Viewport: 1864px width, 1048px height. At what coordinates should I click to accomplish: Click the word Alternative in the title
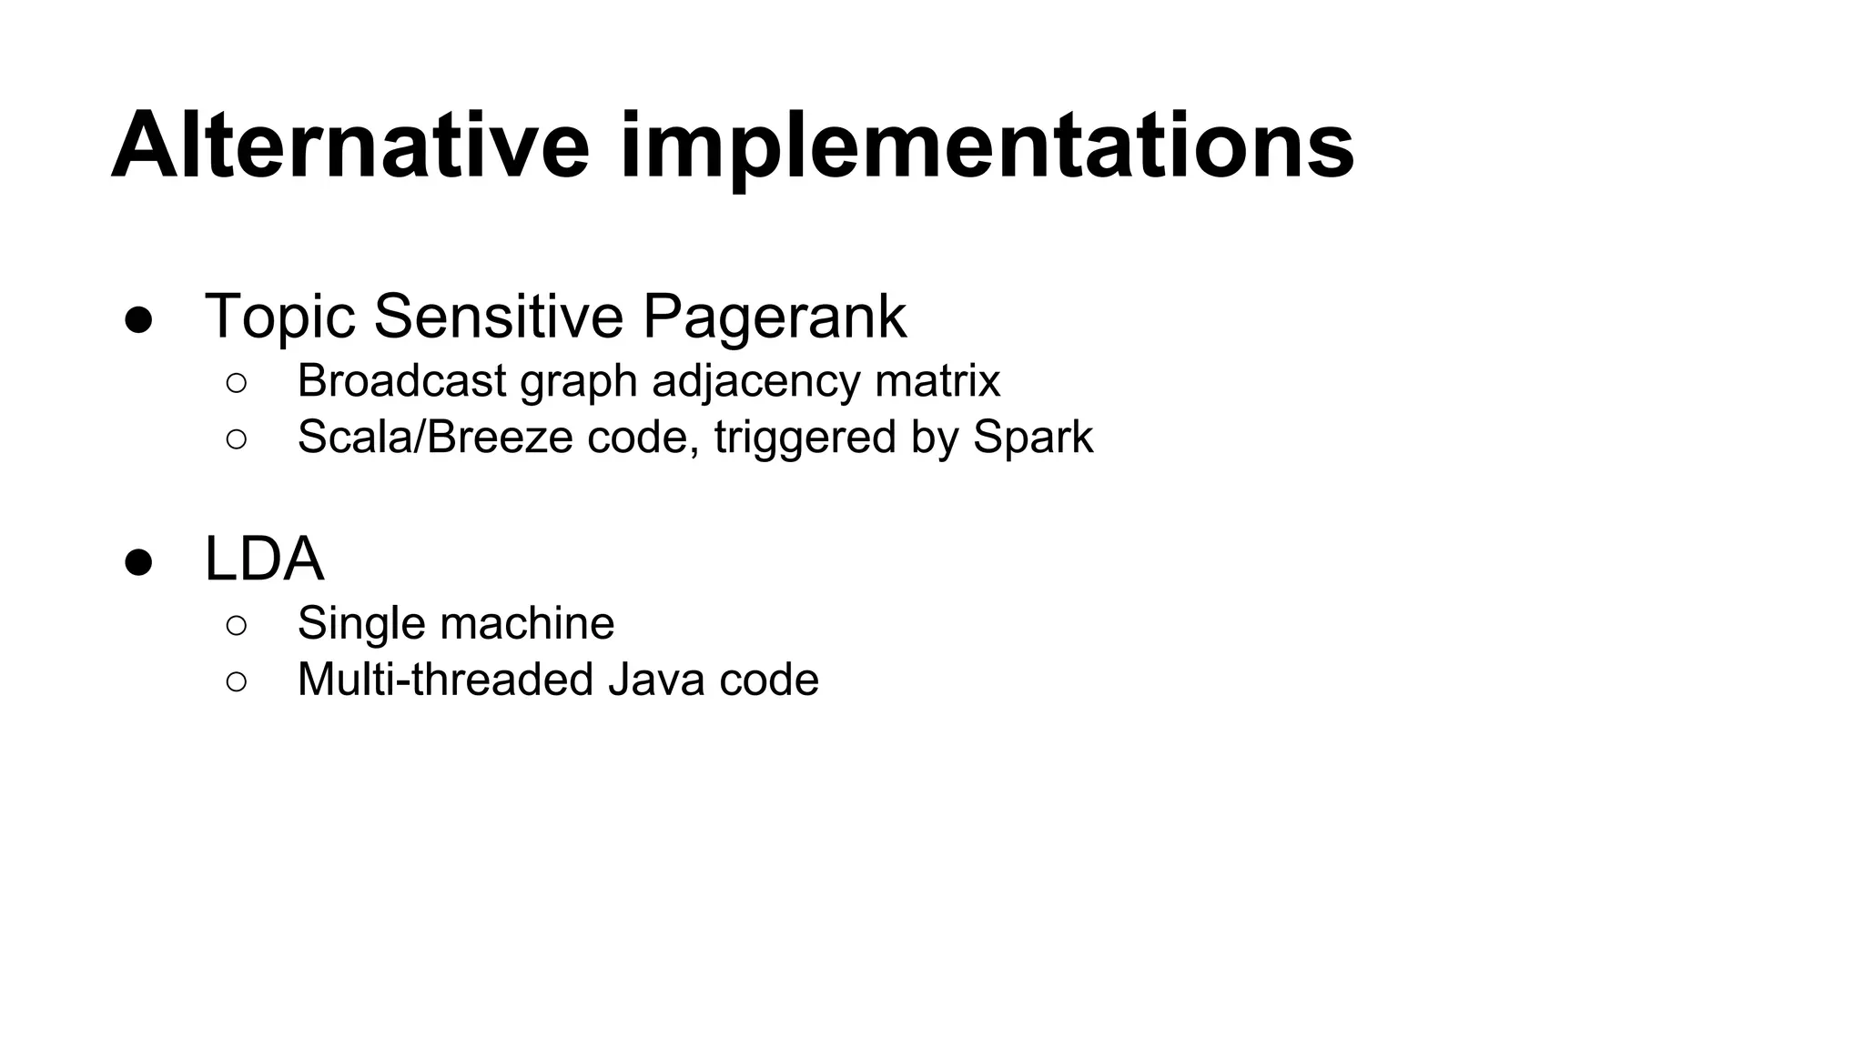tap(350, 146)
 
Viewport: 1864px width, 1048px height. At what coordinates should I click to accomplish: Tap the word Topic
tap(279, 317)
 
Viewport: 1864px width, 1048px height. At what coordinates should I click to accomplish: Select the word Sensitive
tap(499, 317)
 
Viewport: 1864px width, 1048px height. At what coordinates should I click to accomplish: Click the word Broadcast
tap(401, 380)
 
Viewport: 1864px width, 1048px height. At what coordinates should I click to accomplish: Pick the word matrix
tap(937, 380)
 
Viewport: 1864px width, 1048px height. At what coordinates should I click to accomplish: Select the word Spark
tap(1032, 438)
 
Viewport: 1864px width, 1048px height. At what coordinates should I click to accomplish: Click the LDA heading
tap(264, 559)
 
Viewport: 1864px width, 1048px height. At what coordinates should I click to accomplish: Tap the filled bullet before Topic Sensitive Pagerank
tap(138, 321)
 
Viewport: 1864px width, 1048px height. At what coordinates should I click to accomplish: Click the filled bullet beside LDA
tap(138, 563)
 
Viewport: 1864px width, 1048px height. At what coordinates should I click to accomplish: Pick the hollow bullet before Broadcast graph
tap(236, 383)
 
